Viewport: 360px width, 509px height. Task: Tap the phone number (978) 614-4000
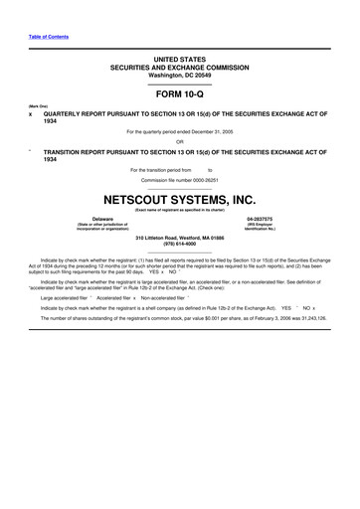point(180,245)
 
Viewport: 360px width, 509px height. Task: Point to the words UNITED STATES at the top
point(180,61)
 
